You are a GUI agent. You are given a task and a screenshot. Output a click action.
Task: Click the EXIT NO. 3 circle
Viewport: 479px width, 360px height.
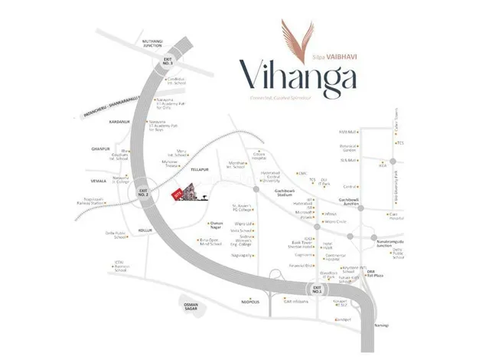point(168,62)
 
